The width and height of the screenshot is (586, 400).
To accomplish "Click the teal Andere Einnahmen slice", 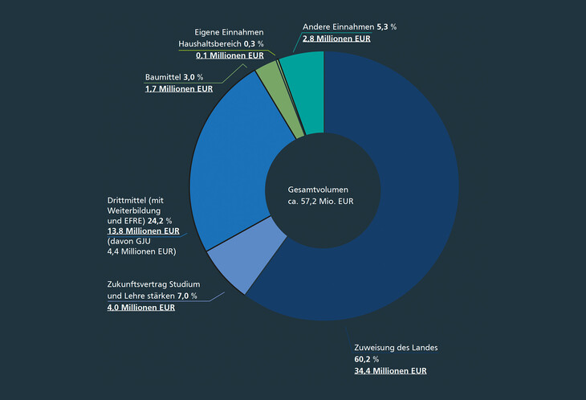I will tap(303, 70).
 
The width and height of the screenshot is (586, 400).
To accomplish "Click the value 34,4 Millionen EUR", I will tap(390, 371).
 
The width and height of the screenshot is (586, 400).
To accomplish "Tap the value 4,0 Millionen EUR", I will tap(141, 307).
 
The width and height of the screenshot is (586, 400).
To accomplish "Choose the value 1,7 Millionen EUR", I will tap(178, 88).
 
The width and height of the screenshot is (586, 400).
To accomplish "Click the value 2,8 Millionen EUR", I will tap(336, 38).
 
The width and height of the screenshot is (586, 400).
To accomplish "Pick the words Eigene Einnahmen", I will tap(230, 31).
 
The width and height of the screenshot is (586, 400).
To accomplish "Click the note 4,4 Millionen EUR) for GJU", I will tap(141, 252).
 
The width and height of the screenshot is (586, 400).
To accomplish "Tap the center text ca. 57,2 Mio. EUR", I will tap(320, 202).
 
